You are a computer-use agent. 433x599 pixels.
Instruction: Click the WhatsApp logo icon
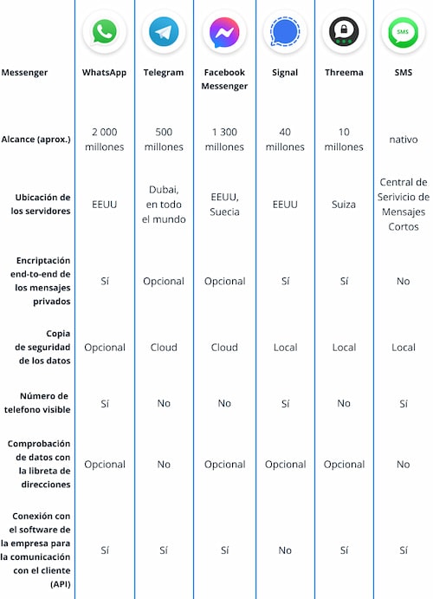(x=105, y=33)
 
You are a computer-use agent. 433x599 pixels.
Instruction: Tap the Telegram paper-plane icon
(x=164, y=33)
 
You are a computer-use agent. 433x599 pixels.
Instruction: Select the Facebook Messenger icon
(x=224, y=33)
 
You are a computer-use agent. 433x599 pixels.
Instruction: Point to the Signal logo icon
(x=285, y=33)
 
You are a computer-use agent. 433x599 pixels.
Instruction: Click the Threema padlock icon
(x=344, y=33)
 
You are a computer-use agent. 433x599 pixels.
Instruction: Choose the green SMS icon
(x=403, y=33)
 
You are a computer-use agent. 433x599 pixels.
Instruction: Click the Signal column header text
(x=285, y=73)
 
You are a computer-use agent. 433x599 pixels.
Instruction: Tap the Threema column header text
(x=344, y=73)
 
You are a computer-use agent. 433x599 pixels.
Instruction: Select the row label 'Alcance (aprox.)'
(x=36, y=140)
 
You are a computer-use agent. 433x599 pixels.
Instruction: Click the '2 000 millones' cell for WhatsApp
(x=105, y=140)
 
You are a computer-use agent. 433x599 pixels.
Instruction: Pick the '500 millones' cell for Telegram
(x=164, y=140)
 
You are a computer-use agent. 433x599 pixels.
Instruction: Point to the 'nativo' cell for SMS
(x=403, y=140)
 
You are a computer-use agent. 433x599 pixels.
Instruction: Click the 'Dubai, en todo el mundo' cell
(x=164, y=205)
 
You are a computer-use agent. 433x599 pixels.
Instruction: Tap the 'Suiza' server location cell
(x=344, y=205)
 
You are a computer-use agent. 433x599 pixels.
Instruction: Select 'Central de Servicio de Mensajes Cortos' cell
(x=403, y=205)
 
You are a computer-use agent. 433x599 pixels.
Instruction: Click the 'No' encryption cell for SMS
(x=403, y=281)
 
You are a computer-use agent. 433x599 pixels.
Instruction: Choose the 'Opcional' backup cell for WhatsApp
(x=105, y=347)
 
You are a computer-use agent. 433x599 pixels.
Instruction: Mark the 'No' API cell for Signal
(x=285, y=550)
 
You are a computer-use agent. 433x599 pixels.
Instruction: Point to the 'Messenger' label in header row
(x=25, y=73)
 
